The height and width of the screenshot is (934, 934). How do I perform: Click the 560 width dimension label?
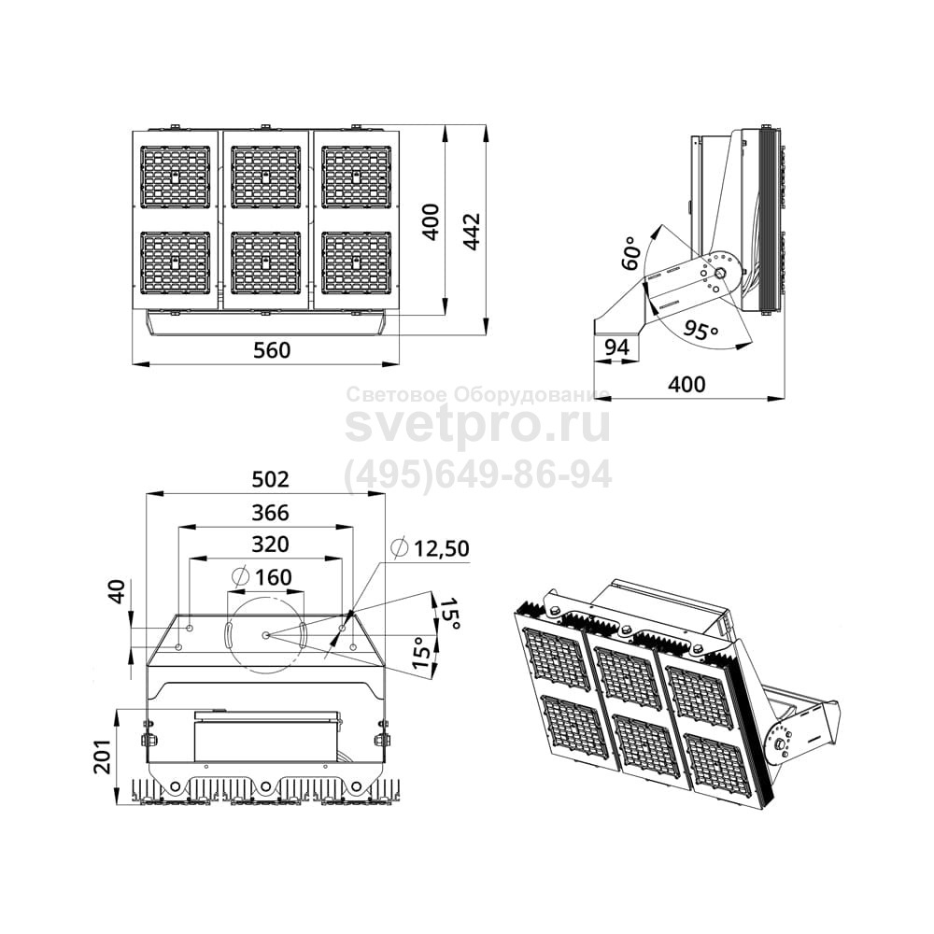click(x=272, y=350)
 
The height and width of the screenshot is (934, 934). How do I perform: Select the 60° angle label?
click(x=631, y=252)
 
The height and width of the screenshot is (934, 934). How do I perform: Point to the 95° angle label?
click(x=700, y=330)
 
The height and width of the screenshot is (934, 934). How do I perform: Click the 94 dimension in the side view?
click(x=617, y=347)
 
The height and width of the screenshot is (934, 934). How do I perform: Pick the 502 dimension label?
click(x=271, y=479)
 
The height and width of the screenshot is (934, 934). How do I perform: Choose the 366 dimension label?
click(x=271, y=512)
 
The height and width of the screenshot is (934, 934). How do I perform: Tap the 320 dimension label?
click(x=271, y=545)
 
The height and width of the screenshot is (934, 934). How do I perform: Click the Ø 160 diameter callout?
click(x=262, y=576)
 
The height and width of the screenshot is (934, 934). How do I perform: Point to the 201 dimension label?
click(x=105, y=756)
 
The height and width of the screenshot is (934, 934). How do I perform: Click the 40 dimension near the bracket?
click(x=119, y=591)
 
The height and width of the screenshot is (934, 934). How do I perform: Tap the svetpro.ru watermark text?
click(x=478, y=425)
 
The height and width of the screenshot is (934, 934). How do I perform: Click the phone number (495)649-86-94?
click(x=478, y=474)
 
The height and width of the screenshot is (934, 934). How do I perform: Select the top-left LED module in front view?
click(x=176, y=177)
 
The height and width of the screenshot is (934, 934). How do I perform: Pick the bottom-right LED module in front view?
click(x=356, y=262)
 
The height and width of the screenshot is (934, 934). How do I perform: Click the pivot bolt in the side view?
click(x=719, y=274)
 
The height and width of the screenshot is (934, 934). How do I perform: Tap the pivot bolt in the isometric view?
click(x=779, y=744)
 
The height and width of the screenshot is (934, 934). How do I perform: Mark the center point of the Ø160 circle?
click(x=265, y=635)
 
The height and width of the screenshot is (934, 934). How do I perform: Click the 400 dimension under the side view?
click(x=686, y=384)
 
